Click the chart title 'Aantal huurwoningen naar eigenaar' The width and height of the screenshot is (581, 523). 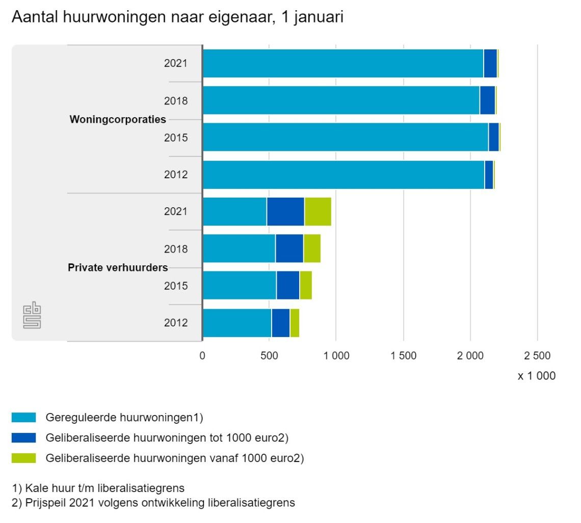tap(177, 17)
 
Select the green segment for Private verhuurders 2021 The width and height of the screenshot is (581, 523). tap(318, 211)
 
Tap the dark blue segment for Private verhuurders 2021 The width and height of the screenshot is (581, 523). tap(285, 211)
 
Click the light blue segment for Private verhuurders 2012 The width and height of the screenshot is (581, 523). tap(237, 323)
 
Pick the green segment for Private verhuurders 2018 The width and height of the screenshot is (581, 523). tap(312, 249)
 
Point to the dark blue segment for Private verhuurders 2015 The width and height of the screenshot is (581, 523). tap(288, 286)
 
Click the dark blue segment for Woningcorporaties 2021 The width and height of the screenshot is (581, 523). tap(490, 64)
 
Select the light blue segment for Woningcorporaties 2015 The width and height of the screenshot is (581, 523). tap(346, 137)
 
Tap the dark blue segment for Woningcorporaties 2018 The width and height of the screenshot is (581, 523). tap(487, 100)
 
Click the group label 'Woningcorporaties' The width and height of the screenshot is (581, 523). tap(118, 120)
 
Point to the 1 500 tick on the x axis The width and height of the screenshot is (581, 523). tap(403, 355)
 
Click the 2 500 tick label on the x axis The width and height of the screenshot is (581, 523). tap(537, 355)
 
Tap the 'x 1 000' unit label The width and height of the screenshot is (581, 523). tap(537, 376)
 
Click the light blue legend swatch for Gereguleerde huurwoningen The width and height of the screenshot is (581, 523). tap(24, 418)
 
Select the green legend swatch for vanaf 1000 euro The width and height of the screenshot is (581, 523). tap(24, 458)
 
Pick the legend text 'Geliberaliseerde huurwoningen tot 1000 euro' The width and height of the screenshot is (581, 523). tap(167, 438)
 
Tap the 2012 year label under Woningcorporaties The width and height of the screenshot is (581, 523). tap(176, 175)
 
